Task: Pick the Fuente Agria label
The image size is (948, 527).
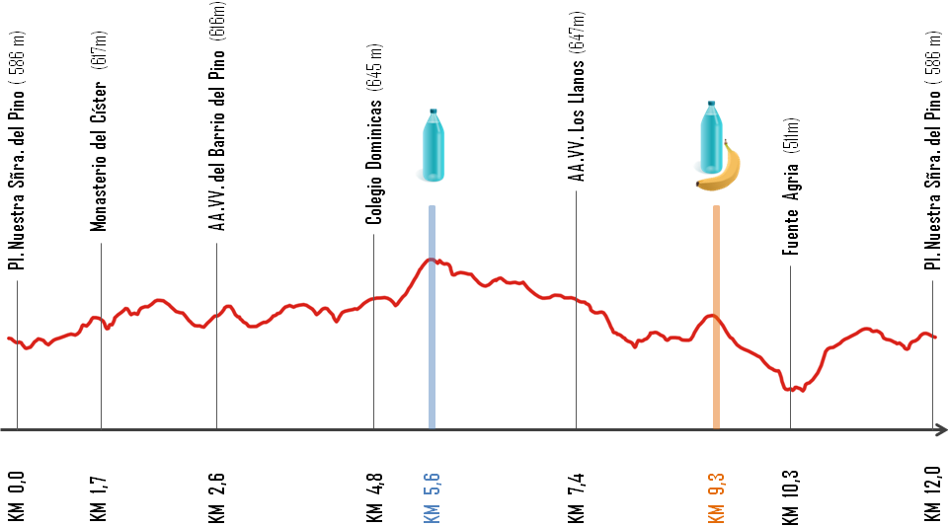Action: tap(791, 188)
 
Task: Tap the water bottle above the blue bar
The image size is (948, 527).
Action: tap(433, 146)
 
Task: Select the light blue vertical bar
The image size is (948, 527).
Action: tap(432, 316)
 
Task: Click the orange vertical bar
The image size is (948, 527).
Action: tap(716, 316)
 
